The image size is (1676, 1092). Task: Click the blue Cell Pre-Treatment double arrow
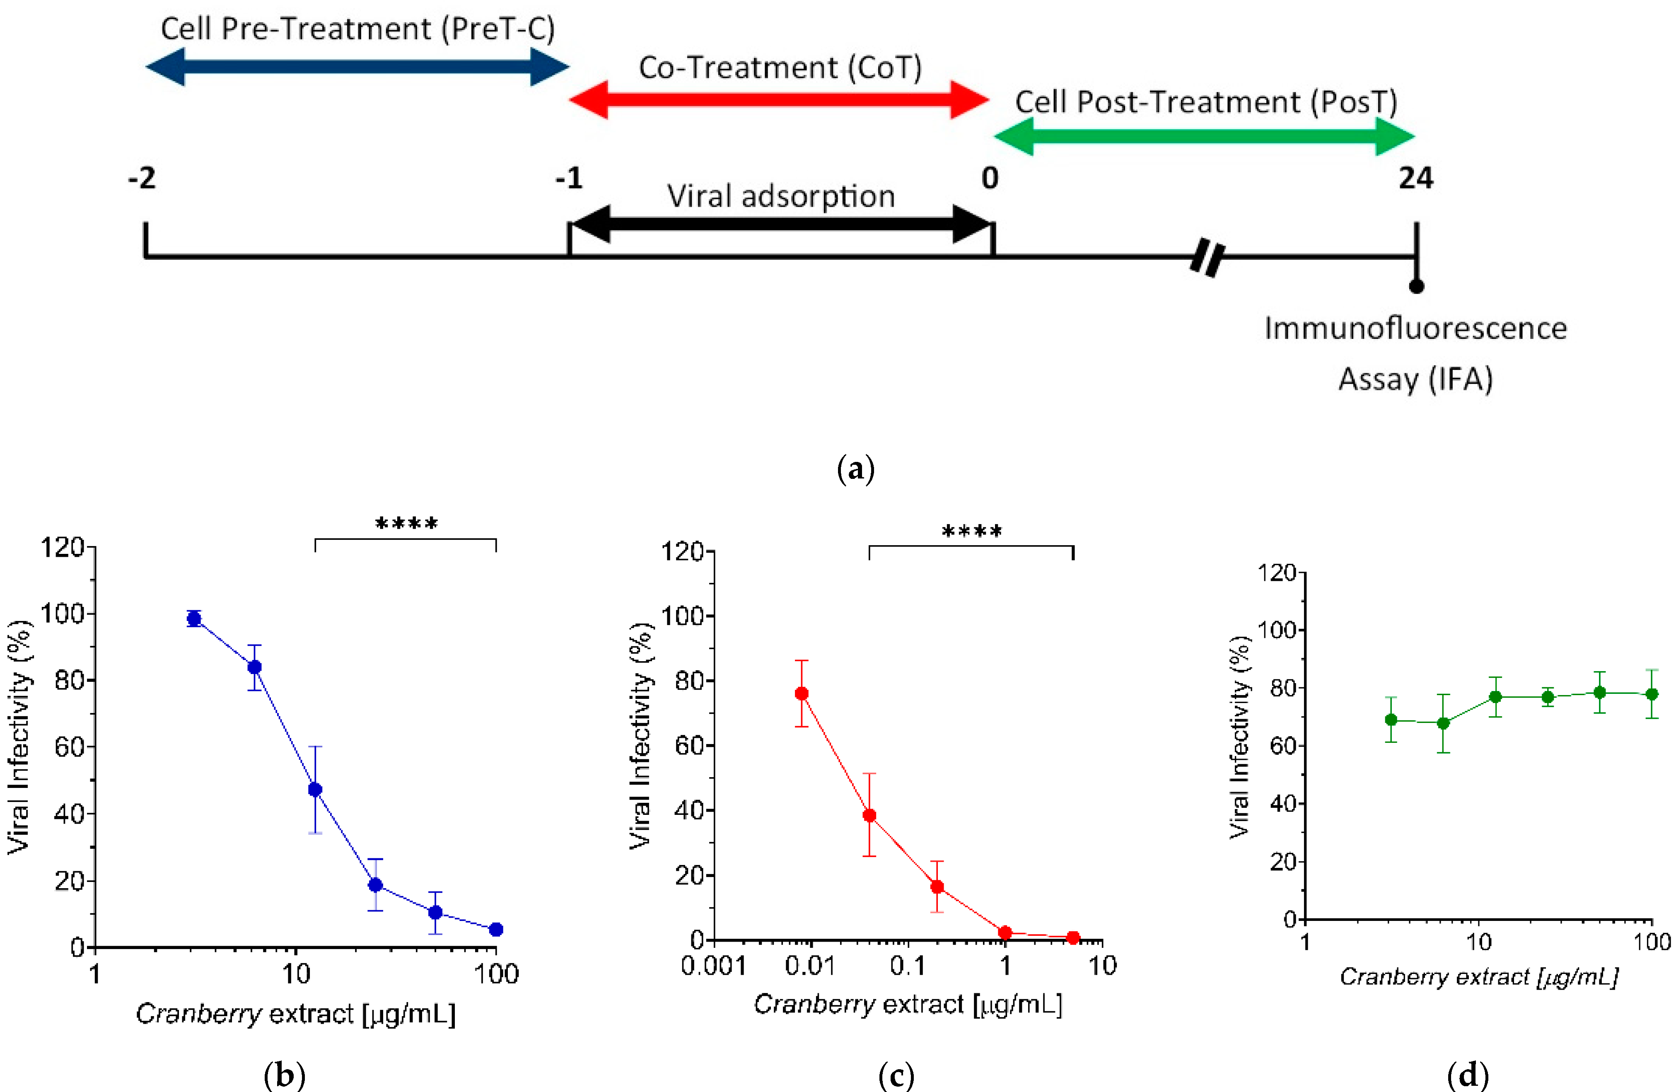point(357,67)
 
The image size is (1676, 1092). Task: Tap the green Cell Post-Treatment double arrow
point(1204,136)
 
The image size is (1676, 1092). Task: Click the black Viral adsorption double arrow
point(780,224)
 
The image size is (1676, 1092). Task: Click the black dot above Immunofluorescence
point(1416,286)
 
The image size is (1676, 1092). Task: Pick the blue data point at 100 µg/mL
point(496,929)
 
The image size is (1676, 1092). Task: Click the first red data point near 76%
point(802,693)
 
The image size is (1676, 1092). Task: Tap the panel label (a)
point(856,468)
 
